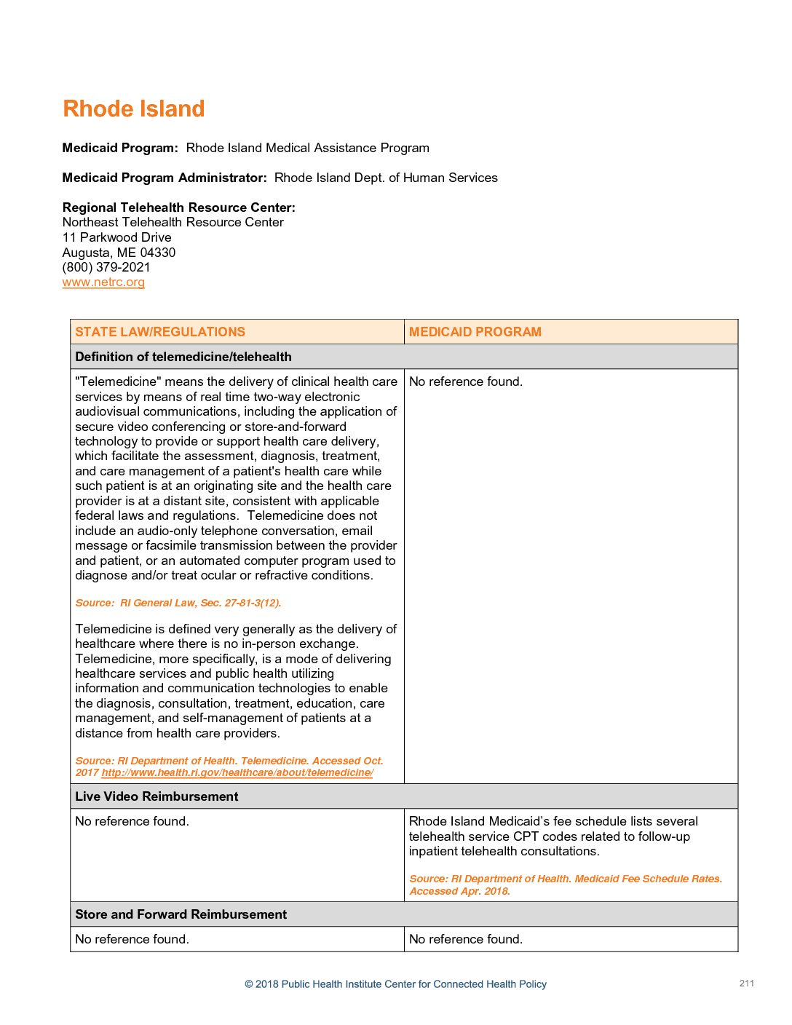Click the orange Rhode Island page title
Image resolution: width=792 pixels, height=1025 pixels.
click(133, 109)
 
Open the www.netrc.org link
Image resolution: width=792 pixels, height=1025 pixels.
click(103, 282)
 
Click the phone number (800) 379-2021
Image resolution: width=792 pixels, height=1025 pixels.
click(106, 267)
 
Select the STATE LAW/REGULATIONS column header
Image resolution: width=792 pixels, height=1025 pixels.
click(160, 332)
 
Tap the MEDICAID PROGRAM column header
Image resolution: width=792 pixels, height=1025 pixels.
click(475, 332)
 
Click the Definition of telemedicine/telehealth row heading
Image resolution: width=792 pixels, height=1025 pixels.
click(183, 357)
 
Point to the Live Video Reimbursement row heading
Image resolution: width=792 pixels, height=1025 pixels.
click(157, 796)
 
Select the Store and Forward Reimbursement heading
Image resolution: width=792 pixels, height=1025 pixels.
click(181, 914)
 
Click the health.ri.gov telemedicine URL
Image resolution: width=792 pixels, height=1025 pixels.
click(237, 773)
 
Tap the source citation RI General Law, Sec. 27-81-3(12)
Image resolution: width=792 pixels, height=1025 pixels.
click(178, 603)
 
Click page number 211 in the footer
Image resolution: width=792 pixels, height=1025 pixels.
click(746, 984)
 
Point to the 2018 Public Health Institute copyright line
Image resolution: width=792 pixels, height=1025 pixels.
click(395, 984)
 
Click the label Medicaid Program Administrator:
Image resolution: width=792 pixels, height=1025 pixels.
click(165, 178)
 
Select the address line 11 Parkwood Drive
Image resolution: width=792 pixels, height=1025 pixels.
click(117, 237)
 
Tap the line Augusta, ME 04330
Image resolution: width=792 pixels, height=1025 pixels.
click(119, 253)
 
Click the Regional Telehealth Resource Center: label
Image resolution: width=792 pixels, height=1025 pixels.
click(178, 207)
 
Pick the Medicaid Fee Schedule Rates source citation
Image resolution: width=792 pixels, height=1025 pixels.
click(565, 884)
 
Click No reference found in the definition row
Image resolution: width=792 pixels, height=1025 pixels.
click(465, 381)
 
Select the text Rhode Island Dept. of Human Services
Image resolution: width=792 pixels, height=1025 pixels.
click(386, 178)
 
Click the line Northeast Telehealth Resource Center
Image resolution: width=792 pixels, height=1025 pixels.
click(173, 222)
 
